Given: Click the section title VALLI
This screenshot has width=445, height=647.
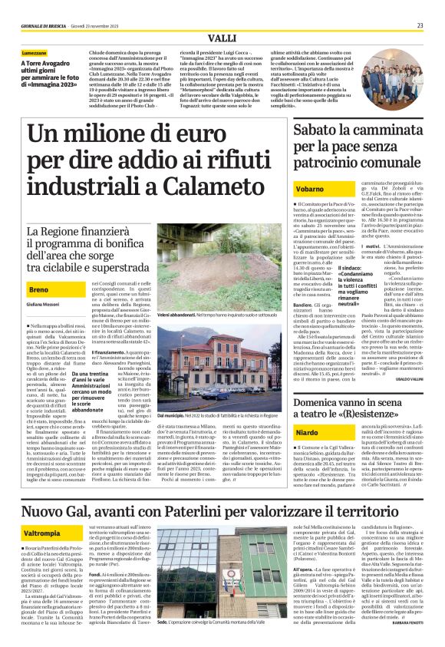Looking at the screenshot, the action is click(x=222, y=38).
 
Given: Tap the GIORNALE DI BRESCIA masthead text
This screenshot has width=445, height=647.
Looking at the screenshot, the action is click(x=43, y=25).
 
